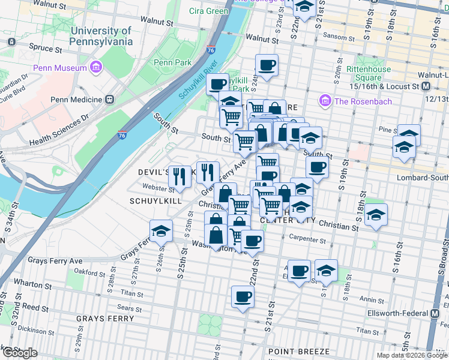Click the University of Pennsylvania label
[101, 36]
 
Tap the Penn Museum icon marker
[95, 68]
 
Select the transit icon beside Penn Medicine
[109, 98]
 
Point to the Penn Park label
[172, 62]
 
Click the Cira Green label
[209, 11]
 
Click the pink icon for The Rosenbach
[326, 101]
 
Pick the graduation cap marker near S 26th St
[161, 231]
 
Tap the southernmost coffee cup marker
[243, 296]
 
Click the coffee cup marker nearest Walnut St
[267, 65]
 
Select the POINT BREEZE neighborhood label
[298, 351]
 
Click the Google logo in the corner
[20, 353]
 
